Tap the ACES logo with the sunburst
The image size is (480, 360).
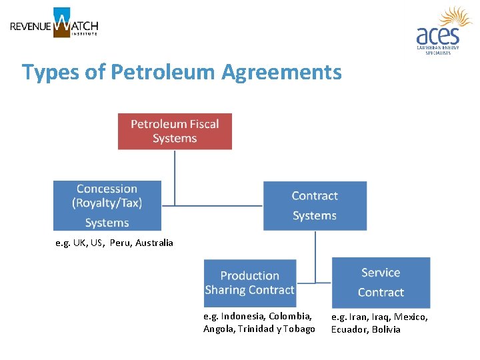tap(443, 31)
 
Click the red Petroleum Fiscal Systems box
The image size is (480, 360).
tap(175, 131)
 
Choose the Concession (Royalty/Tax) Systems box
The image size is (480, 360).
tap(107, 205)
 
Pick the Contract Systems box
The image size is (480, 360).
tap(315, 205)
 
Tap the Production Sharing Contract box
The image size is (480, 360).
tap(249, 283)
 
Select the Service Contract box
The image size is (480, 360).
tap(381, 282)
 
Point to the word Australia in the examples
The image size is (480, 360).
tap(154, 243)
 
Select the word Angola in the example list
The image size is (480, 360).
tap(217, 329)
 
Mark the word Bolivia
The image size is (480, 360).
tap(387, 329)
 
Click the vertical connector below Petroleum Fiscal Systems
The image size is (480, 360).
tap(175, 177)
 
